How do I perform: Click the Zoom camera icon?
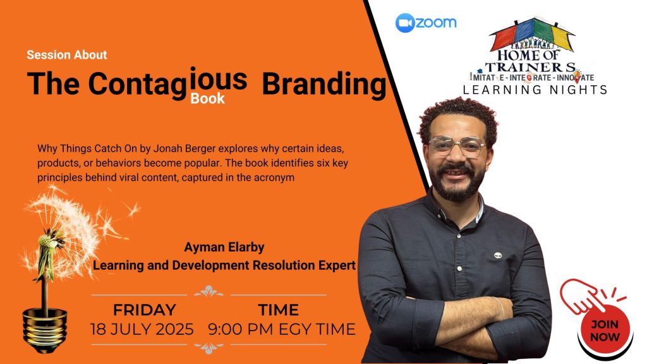pos(405,23)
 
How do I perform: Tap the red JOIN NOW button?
pos(605,330)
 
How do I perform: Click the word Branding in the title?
pos(324,84)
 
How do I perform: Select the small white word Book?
pos(207,99)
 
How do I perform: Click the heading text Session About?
pos(67,55)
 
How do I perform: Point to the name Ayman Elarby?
pos(224,247)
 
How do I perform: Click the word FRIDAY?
pos(145,310)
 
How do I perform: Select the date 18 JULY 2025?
pos(142,329)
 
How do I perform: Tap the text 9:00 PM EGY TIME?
pos(281,329)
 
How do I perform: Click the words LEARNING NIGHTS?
pos(535,90)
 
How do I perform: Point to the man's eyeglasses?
pos(457,146)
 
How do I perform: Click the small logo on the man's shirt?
pos(498,255)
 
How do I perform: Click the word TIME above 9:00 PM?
pos(279,310)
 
